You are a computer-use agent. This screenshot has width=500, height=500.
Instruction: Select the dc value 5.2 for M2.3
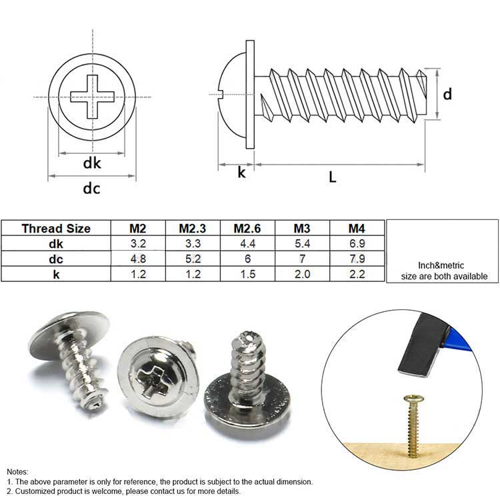pos(192,259)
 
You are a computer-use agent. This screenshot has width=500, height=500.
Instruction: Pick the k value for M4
pos(357,274)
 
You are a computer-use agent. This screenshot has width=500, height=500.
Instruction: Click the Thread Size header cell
pos(56,229)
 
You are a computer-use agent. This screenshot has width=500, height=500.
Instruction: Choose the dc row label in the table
pos(56,259)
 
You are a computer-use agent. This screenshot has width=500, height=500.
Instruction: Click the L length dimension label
pos(333,177)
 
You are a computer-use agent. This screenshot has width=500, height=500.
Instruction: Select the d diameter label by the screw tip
pos(448,94)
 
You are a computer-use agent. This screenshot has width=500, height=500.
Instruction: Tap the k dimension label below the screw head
pos(242,173)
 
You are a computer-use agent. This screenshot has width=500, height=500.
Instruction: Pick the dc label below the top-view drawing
pos(91,189)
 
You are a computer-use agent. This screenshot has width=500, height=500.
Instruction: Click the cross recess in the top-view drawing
pos(91,95)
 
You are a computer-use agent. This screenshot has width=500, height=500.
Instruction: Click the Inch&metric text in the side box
pos(442,265)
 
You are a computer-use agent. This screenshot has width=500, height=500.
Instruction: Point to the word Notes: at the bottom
pos(18,471)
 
